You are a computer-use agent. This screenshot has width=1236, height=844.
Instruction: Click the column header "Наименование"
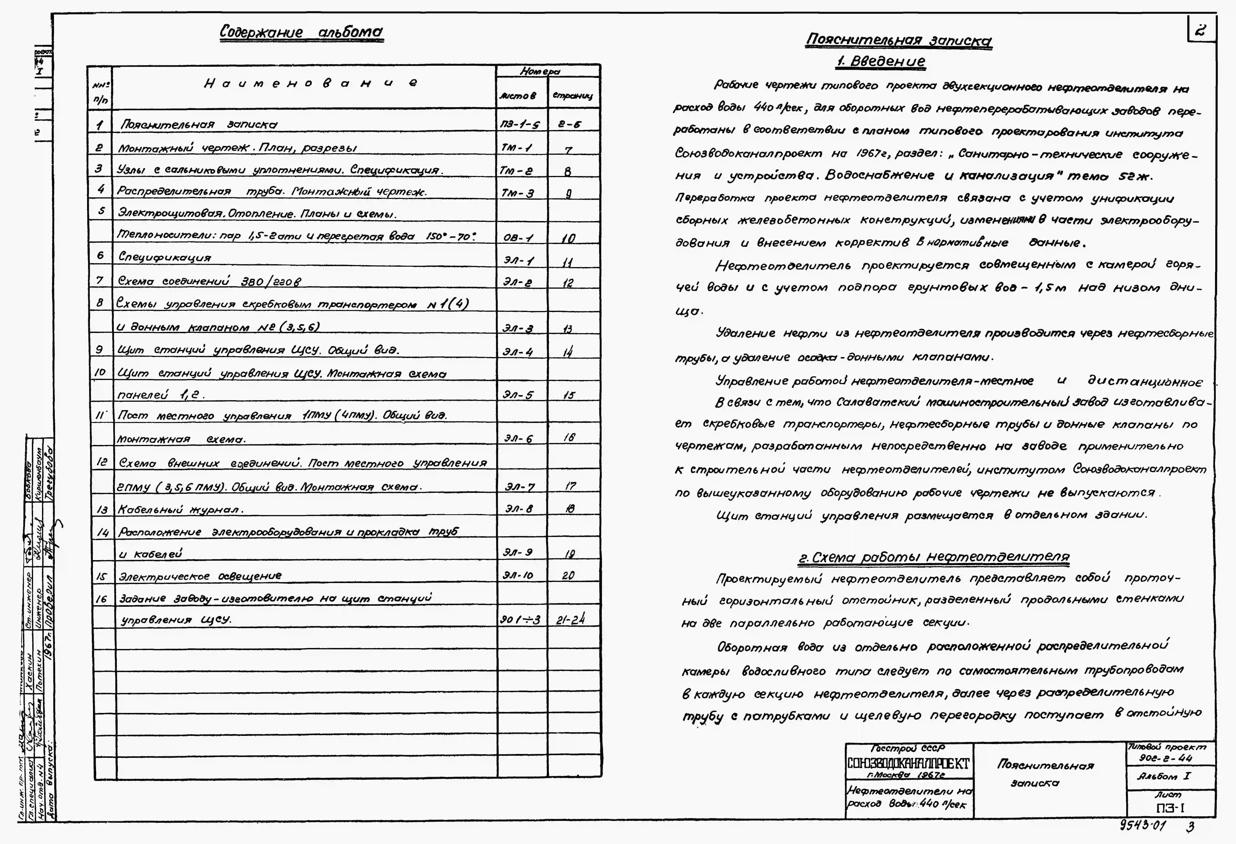(311, 83)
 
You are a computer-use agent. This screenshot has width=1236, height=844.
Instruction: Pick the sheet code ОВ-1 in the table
(519, 237)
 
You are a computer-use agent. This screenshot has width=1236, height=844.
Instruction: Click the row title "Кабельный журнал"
(181, 509)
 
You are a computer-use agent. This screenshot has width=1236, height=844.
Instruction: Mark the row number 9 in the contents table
(99, 350)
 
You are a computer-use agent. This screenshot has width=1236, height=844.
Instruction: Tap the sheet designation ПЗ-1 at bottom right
(1170, 808)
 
